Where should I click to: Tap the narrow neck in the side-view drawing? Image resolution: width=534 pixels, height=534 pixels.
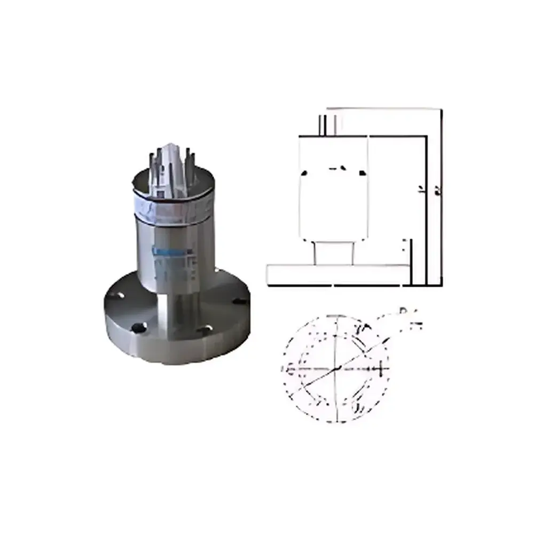pyautogui.click(x=334, y=253)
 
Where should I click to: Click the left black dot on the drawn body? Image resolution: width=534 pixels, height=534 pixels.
pyautogui.click(x=304, y=172)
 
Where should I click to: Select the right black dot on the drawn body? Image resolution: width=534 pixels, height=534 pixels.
pyautogui.click(x=363, y=172)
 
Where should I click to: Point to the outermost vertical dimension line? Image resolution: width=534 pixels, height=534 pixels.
pyautogui.click(x=442, y=198)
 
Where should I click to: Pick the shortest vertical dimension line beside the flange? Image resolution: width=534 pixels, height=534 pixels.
pyautogui.click(x=412, y=262)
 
